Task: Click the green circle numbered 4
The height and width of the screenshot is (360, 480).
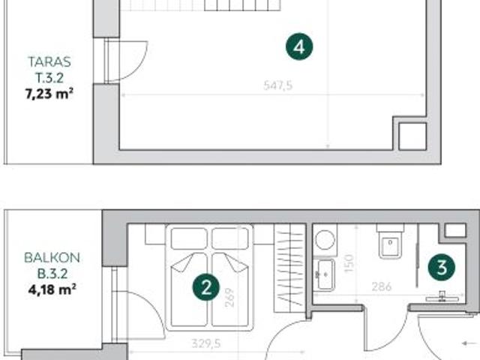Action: [299, 47]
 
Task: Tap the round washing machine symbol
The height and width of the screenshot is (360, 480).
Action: [325, 240]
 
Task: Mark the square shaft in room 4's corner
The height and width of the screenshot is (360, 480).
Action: [411, 136]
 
